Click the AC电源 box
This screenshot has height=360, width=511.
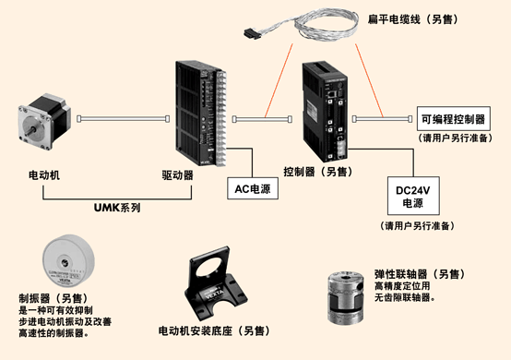click(253, 188)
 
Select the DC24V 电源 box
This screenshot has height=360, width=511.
click(413, 196)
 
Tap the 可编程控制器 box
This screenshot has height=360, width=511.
click(454, 119)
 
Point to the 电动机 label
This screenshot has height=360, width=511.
click(44, 175)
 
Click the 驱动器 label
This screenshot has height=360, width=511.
click(178, 175)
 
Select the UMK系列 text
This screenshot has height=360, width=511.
click(117, 208)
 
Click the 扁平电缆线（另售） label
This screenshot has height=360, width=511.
click(412, 19)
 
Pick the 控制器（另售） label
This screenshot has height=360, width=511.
click(317, 172)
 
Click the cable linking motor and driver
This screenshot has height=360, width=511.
click(124, 119)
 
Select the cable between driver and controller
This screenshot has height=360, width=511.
click(262, 119)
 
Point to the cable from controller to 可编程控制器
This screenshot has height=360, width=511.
click(382, 119)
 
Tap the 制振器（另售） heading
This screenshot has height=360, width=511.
click(53, 298)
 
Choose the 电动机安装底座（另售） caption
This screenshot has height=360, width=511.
click(214, 331)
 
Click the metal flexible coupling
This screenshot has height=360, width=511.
click(346, 297)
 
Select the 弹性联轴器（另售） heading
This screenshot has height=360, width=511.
click(420, 274)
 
